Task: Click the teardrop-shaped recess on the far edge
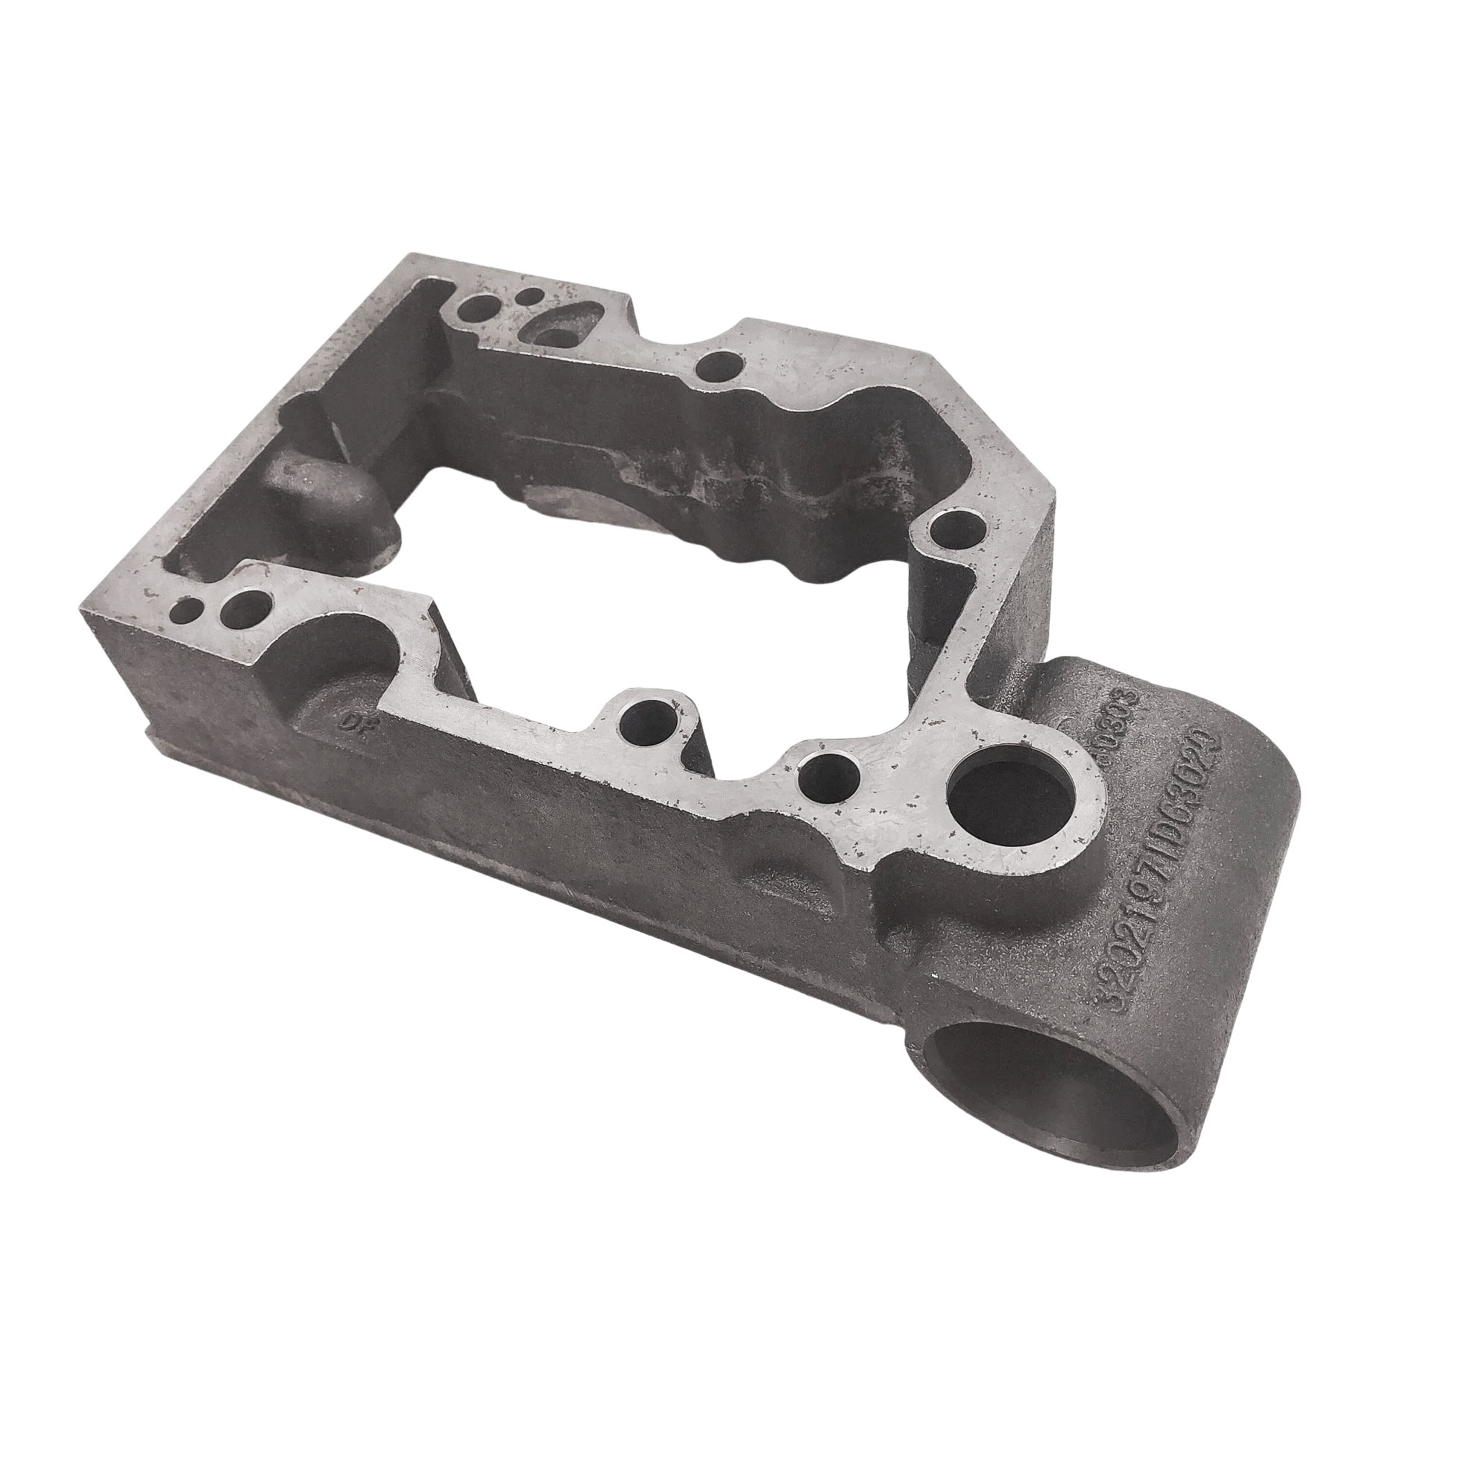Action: pos(558,330)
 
